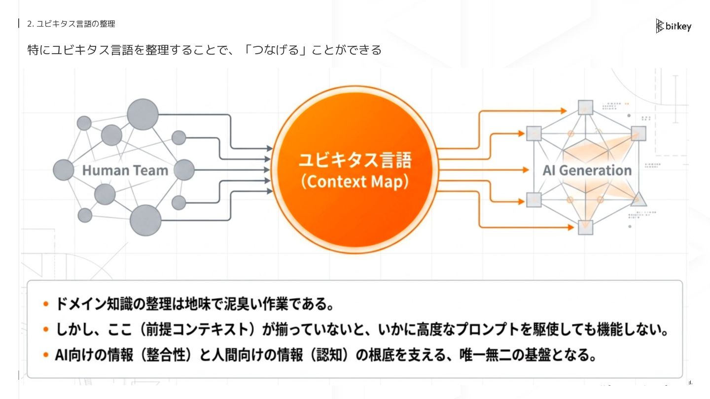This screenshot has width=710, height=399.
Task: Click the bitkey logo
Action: (x=674, y=26)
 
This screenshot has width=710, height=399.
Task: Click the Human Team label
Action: (x=125, y=170)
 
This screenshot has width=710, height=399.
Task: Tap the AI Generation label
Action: (x=587, y=170)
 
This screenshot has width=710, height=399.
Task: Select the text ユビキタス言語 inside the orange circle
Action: (x=355, y=161)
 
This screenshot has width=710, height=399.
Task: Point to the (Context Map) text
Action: (x=355, y=182)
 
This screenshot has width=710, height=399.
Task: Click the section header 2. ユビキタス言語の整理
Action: (x=71, y=24)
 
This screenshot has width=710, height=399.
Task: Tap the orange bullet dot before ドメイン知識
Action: (x=46, y=304)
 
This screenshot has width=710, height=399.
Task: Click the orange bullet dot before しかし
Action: (x=46, y=330)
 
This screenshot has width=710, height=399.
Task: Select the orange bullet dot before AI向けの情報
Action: (x=46, y=355)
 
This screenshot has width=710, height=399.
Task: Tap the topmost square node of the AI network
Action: (x=585, y=107)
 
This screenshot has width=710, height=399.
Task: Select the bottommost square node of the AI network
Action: (x=585, y=227)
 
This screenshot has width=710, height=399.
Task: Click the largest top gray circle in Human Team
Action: (x=142, y=114)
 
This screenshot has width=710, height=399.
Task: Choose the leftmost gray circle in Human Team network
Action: (x=64, y=170)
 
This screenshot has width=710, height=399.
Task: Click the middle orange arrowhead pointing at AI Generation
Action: (x=526, y=170)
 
